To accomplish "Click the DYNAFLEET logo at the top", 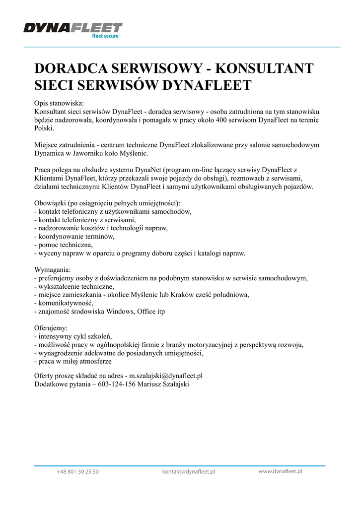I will (72, 29).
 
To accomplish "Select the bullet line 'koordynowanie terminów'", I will (74, 237).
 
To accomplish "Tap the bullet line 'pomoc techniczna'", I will (64, 245).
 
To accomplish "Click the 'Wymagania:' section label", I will (53, 269).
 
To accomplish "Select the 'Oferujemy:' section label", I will (50, 328).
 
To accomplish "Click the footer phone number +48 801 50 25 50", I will (77, 472).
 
